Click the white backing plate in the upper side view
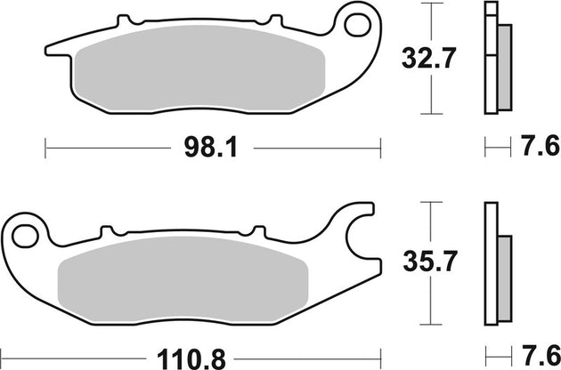click(x=489, y=58)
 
